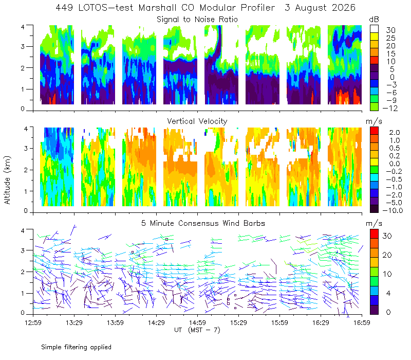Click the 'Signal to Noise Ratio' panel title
pyautogui.click(x=197, y=20)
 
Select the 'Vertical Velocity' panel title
pyautogui.click(x=197, y=121)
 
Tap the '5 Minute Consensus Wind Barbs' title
pyautogui.click(x=203, y=223)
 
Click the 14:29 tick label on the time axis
pyautogui.click(x=156, y=322)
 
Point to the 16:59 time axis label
pyautogui.click(x=362, y=322)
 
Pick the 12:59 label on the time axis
pyautogui.click(x=33, y=322)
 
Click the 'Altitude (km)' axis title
pyautogui.click(x=7, y=181)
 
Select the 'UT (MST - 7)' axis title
pyautogui.click(x=197, y=330)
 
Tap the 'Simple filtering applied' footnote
pyautogui.click(x=76, y=348)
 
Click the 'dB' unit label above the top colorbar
pyautogui.click(x=374, y=20)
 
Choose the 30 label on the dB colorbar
pyautogui.click(x=390, y=30)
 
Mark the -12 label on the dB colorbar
pyautogui.click(x=390, y=108)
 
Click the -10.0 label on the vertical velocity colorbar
pyautogui.click(x=393, y=210)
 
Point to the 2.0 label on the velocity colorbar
pyautogui.click(x=395, y=133)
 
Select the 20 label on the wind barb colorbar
pyautogui.click(x=387, y=255)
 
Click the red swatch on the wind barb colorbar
pyautogui.click(x=374, y=234)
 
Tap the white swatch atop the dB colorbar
pyautogui.click(x=374, y=29)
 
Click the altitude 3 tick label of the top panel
pyautogui.click(x=23, y=47)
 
